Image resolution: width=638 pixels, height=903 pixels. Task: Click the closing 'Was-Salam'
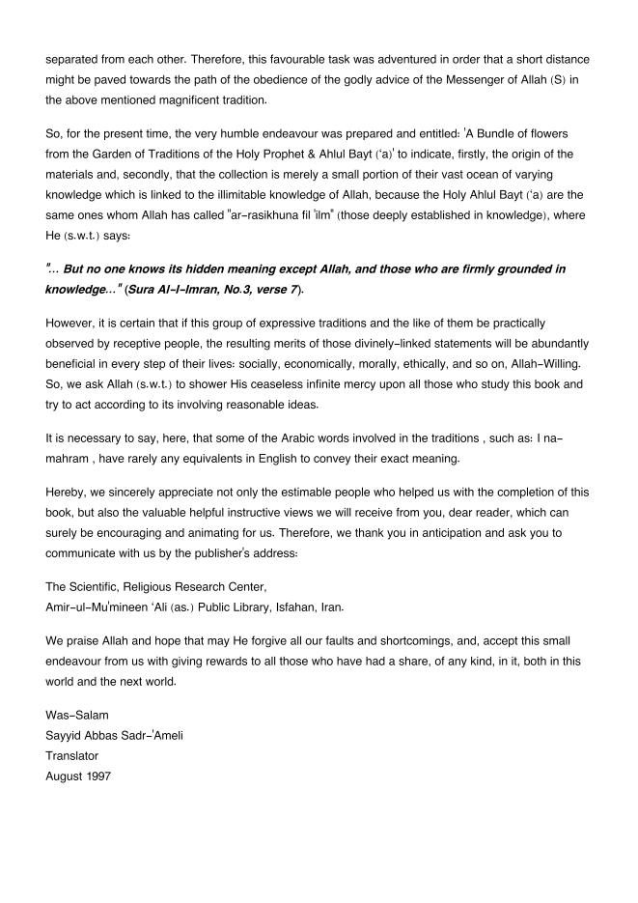77,715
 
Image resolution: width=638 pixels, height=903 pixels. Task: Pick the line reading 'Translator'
72,755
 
